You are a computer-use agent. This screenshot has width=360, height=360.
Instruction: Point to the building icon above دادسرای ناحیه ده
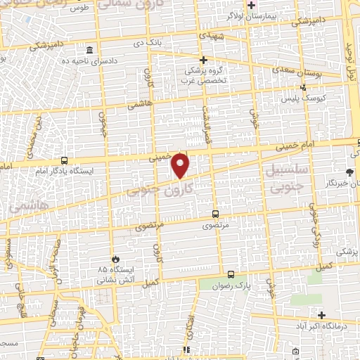pyautogui.click(x=89, y=51)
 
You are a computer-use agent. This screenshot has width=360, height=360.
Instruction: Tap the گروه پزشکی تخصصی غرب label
pyautogui.click(x=203, y=75)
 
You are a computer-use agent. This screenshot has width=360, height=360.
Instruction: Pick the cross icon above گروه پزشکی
pyautogui.click(x=203, y=60)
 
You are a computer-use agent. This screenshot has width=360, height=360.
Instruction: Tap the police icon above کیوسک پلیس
pyautogui.click(x=303, y=89)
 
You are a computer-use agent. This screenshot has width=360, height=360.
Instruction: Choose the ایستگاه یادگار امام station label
pyautogui.click(x=63, y=171)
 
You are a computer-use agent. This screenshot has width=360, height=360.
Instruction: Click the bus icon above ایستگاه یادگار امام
pyautogui.click(x=64, y=160)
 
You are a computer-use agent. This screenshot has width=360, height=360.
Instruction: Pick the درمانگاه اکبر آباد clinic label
pyautogui.click(x=335, y=326)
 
